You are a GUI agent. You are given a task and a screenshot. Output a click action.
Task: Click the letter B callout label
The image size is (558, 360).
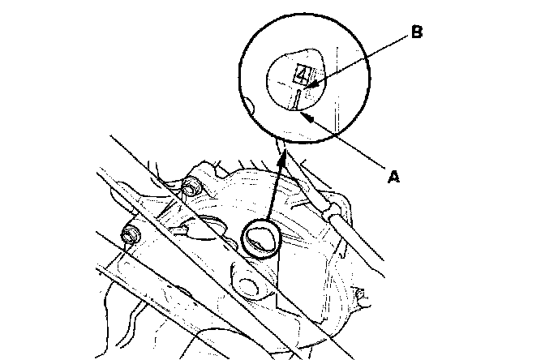tap(416, 32)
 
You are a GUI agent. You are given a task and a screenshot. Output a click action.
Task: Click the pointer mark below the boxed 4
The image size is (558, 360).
tap(299, 100)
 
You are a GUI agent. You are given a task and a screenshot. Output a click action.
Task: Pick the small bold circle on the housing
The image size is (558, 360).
tap(261, 238)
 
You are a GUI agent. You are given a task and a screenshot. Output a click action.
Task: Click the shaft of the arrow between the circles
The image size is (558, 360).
tap(276, 191)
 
